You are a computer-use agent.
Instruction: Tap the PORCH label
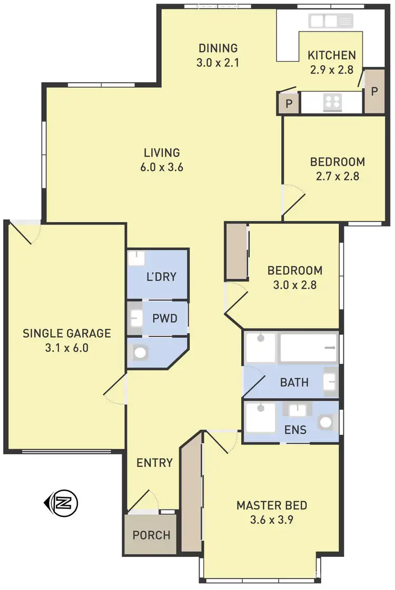coord(151,535)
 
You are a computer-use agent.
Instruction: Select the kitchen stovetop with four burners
coord(332,101)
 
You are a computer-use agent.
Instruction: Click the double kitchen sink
coord(324,21)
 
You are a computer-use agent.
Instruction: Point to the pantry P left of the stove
coord(289,104)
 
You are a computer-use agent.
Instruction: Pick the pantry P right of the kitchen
coord(374,91)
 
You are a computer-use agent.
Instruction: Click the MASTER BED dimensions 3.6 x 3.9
coord(271,521)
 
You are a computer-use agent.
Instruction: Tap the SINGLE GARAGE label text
coord(67,333)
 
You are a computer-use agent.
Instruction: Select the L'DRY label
coord(161,277)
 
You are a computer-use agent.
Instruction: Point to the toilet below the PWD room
coord(140,352)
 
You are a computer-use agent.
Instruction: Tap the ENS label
coord(295,429)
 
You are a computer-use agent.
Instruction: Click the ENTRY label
coord(154,463)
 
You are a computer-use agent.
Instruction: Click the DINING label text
coord(218,48)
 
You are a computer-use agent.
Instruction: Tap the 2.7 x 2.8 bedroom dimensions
coord(337,177)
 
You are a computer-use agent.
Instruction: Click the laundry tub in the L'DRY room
coord(136,259)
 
